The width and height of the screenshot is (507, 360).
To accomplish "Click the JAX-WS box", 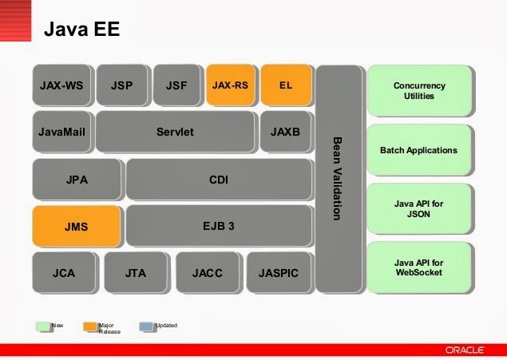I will [61, 85].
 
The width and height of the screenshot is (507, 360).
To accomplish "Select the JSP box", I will [122, 85].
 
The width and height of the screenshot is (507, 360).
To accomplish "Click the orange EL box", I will [285, 85].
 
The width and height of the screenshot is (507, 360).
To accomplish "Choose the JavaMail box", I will [61, 132].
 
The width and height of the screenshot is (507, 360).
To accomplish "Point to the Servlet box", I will [176, 132].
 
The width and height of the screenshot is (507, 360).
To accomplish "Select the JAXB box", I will [285, 132].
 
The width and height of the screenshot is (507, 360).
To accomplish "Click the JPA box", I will [77, 179].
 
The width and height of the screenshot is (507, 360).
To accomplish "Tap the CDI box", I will [218, 179].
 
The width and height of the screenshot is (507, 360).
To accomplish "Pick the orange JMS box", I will [77, 226].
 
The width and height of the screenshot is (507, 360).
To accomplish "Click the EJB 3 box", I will [218, 226].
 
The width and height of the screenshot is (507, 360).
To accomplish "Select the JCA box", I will [64, 273].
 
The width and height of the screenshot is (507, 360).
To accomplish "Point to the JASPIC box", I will [279, 273].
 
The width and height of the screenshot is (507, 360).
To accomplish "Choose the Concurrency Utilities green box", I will [419, 91].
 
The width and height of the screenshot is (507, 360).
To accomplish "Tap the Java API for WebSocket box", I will [419, 267].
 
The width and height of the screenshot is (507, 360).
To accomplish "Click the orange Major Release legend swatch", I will [89, 326].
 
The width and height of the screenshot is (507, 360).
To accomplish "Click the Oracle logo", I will [468, 349].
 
